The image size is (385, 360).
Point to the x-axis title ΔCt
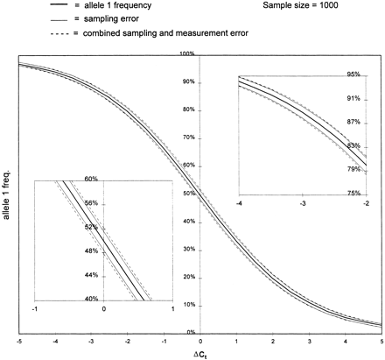pyautogui.click(x=200, y=353)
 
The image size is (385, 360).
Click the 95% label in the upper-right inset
pyautogui.click(x=354, y=74)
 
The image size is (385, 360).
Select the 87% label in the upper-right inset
pyautogui.click(x=354, y=122)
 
